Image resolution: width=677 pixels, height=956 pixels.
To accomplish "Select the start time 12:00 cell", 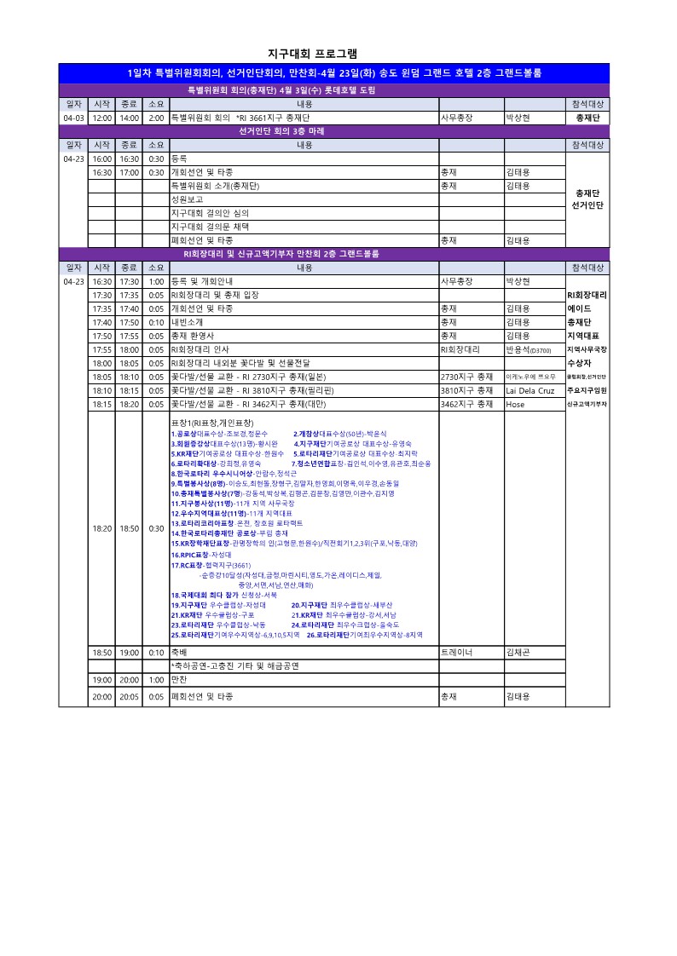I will pyautogui.click(x=101, y=118).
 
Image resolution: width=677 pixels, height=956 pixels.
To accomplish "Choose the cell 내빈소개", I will pyautogui.click(x=188, y=322).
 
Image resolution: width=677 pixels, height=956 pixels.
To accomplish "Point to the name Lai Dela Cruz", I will pyautogui.click(x=529, y=390).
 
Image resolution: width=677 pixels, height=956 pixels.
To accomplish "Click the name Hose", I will pyautogui.click(x=515, y=404).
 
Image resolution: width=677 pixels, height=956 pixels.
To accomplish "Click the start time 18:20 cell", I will pyautogui.click(x=101, y=528).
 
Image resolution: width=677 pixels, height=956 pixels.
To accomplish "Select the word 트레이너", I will pyautogui.click(x=456, y=652).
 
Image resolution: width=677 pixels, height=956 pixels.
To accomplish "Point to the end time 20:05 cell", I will pyautogui.click(x=129, y=696).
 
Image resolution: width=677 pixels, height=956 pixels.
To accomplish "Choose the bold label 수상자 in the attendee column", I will pyautogui.click(x=580, y=363).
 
